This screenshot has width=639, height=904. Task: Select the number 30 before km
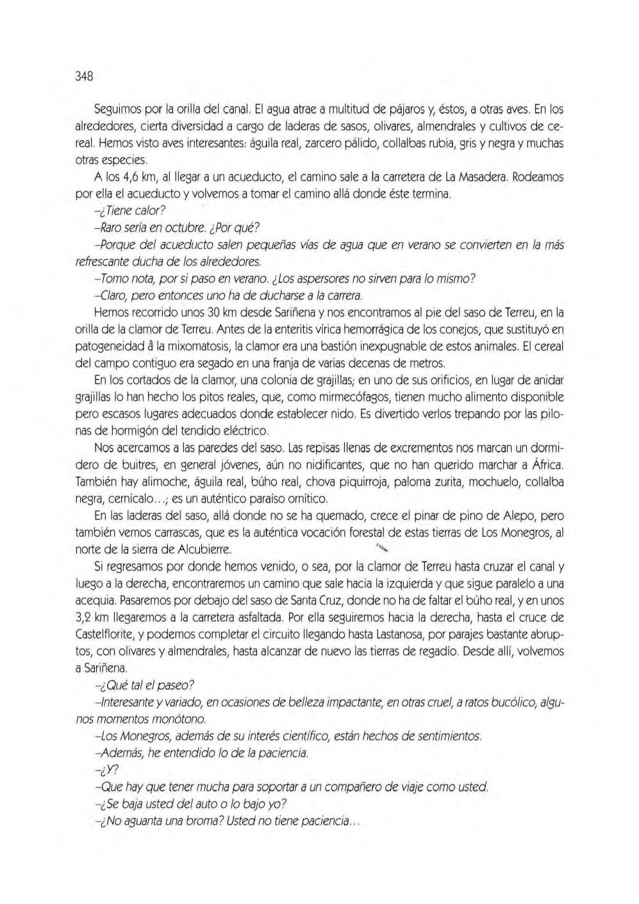click(x=217, y=313)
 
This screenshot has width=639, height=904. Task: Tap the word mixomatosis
click(x=199, y=347)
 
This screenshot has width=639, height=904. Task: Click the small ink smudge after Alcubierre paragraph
click(x=383, y=548)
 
